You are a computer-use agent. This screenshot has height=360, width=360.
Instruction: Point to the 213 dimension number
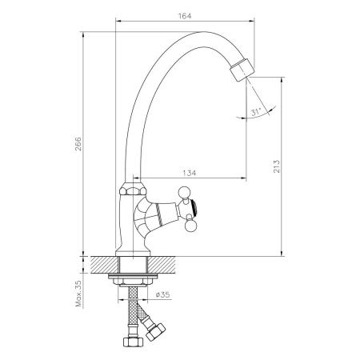click(x=277, y=168)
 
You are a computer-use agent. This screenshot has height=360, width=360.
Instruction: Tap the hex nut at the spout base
click(x=130, y=192)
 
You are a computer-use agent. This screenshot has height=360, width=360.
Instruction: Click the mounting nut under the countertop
click(x=132, y=282)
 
